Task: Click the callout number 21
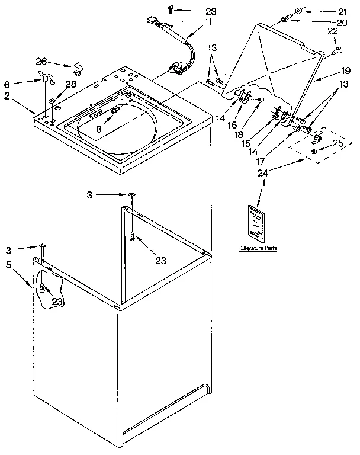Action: point(342,11)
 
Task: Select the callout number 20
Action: point(342,23)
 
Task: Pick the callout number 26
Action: point(41,61)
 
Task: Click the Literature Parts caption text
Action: point(258,248)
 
